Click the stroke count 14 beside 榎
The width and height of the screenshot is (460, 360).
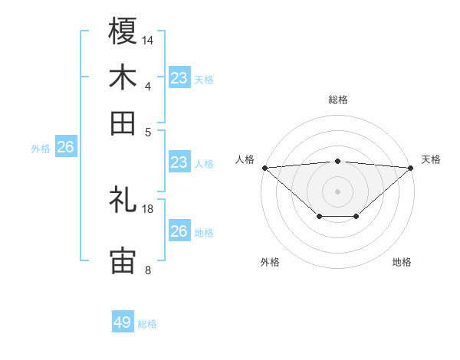click(x=148, y=39)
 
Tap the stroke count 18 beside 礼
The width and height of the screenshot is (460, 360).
click(x=148, y=208)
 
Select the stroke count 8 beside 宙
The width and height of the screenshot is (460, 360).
click(x=148, y=270)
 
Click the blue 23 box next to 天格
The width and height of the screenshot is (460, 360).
click(x=179, y=78)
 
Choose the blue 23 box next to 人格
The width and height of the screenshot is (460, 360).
click(x=179, y=162)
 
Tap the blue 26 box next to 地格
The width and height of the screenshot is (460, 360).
click(x=179, y=231)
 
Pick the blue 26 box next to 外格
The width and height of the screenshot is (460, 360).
click(x=65, y=148)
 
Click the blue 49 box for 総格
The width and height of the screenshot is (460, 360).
click(x=123, y=322)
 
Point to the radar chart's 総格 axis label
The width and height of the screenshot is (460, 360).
click(x=337, y=100)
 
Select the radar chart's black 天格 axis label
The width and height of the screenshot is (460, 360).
click(x=431, y=159)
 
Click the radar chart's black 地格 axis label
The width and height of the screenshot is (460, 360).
click(x=402, y=262)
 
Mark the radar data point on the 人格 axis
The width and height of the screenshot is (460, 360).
click(x=264, y=168)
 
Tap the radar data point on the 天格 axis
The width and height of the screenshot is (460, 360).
click(x=412, y=168)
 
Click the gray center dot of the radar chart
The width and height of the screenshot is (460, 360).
click(x=337, y=191)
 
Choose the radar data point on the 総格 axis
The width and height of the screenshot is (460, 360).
click(x=337, y=161)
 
